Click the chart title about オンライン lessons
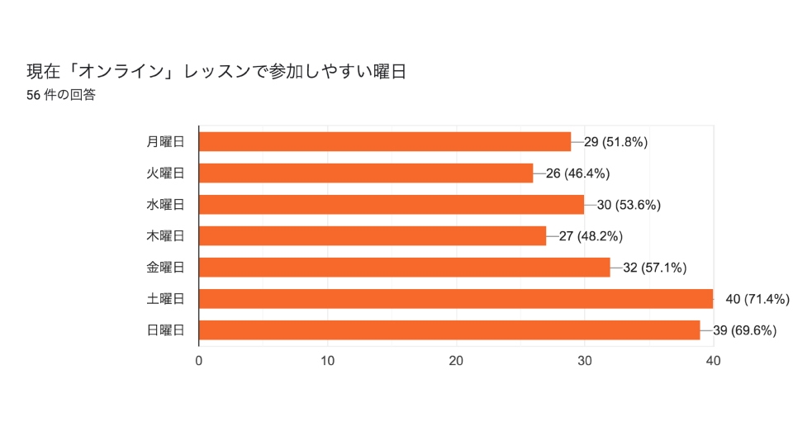tap(216, 72)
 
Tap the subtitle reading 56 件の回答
tap(61, 95)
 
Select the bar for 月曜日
tap(385, 141)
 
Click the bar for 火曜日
tap(366, 173)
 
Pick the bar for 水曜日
tap(392, 205)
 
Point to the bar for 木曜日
tap(373, 236)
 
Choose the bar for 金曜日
tap(405, 268)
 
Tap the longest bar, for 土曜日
tap(456, 299)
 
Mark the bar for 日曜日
tap(449, 330)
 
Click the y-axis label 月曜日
tap(165, 141)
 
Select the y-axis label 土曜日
tap(165, 299)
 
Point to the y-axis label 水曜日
tap(165, 205)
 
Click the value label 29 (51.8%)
tap(615, 142)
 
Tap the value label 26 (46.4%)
tap(577, 173)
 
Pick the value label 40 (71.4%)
tap(757, 299)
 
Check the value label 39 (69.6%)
tap(744, 330)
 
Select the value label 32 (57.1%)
tap(654, 268)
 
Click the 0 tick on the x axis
tap(199, 361)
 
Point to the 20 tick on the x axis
tap(456, 361)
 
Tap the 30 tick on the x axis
tap(585, 361)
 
